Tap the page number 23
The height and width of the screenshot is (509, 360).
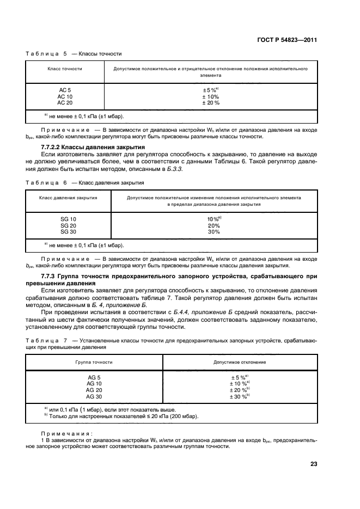coord(313,464)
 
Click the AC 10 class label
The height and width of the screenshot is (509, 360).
coord(65,96)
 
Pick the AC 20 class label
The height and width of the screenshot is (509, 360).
coord(65,102)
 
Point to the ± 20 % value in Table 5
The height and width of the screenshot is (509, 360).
coord(211,102)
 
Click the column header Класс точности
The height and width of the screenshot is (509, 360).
coord(65,69)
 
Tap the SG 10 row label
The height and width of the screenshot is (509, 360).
coord(68,218)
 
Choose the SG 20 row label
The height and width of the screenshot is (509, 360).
coord(68,225)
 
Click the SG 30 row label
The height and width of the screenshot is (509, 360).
coord(68,231)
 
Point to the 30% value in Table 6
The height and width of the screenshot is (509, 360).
coord(214,231)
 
